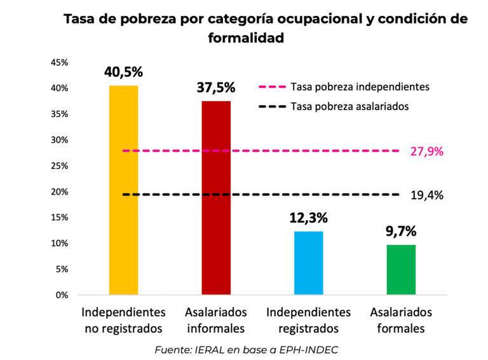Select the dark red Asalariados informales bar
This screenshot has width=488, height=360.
tap(216, 197)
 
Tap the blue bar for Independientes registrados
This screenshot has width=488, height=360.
tap(308, 263)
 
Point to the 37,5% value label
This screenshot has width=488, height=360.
tap(216, 88)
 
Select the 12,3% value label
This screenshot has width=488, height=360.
tap(308, 218)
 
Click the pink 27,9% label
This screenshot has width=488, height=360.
tap(427, 151)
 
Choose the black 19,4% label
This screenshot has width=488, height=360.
tap(427, 195)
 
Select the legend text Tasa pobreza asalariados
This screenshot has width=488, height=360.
tap(349, 106)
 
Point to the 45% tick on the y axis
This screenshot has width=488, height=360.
tap(59, 62)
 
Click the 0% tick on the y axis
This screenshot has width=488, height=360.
tap(62, 295)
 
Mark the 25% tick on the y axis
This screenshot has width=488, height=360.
tap(59, 166)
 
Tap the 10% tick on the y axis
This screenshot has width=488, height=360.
tap(59, 244)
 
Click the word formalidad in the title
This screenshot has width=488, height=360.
tap(245, 38)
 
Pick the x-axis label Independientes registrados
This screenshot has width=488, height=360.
tap(308, 321)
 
